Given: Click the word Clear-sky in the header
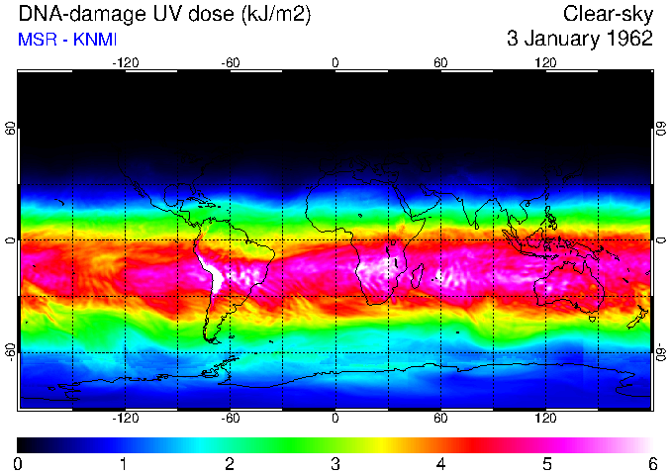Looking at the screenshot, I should pos(609,14).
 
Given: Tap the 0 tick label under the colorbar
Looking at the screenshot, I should pos(18,463).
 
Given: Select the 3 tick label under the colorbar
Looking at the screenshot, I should pos(335,463).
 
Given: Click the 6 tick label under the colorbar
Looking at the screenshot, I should pos(651,463).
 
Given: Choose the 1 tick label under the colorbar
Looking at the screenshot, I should pos(124,463).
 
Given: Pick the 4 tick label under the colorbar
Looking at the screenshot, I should pos(440,463).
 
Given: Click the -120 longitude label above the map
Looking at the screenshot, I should pos(125,62).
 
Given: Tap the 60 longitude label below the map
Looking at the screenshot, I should pos(440,418).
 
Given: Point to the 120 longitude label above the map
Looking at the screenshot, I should pos(545,62).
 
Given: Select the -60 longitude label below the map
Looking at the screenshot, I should pos(230,418).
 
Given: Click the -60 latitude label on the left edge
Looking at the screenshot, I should pos(10,351).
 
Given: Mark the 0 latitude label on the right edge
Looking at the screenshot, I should pos(660,240).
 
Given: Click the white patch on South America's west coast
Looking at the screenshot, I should pos(210,270).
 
